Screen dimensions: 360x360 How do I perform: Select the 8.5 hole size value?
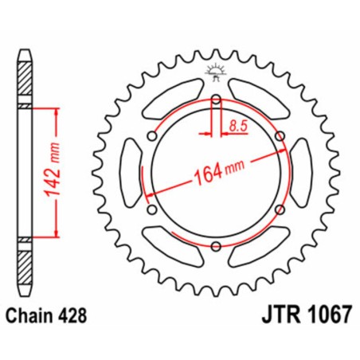[237, 124]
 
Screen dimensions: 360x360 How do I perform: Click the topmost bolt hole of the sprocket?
[216, 100]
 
